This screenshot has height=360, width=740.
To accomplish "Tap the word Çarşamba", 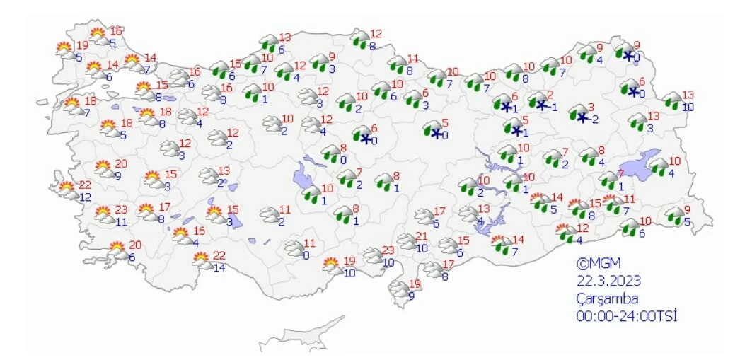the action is [x=606, y=298].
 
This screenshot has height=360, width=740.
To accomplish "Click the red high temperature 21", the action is [x=422, y=236].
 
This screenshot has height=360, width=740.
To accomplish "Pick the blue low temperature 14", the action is [x=219, y=268].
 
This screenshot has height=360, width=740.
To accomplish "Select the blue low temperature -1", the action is [x=552, y=107].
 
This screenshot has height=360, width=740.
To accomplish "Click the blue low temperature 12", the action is [x=85, y=197].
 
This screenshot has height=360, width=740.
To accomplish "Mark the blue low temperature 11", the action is [x=121, y=222].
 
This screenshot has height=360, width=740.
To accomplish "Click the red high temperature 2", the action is [x=550, y=95].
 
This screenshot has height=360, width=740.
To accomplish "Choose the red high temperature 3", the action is [x=591, y=108].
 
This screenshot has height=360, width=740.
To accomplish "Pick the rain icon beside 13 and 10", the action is [x=673, y=100].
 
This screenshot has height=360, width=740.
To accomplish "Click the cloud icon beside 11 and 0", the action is [x=294, y=248].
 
